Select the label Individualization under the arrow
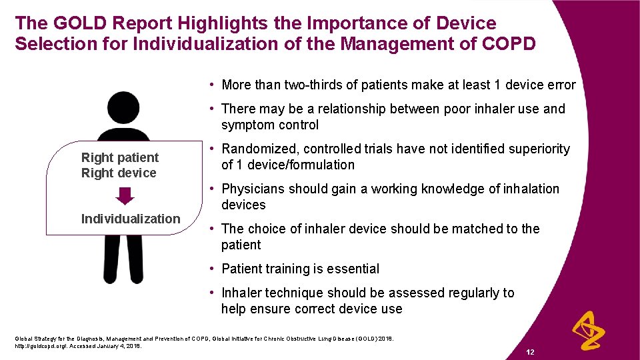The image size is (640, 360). (x=131, y=219)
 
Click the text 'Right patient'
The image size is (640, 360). (x=120, y=157)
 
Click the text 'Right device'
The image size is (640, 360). (x=119, y=173)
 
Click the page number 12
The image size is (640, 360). (x=531, y=351)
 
